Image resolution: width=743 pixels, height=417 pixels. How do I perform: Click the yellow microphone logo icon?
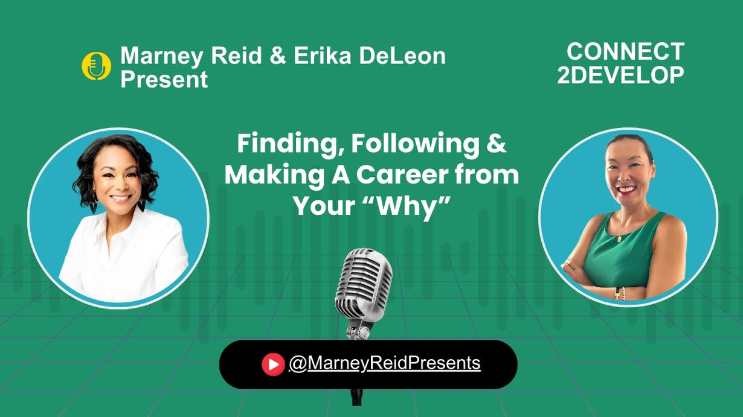[x=97, y=66]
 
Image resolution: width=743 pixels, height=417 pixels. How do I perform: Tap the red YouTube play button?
[x=273, y=364]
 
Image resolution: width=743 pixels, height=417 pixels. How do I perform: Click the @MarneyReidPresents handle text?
[x=385, y=364]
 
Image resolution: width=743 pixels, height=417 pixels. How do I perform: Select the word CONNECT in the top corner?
[x=625, y=51]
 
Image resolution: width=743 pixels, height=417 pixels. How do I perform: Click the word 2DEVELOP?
[x=620, y=75]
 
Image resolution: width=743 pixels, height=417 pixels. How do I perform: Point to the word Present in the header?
[x=164, y=79]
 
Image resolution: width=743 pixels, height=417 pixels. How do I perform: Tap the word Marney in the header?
[x=161, y=56]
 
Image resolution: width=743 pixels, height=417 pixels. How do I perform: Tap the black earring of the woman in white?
[x=141, y=206]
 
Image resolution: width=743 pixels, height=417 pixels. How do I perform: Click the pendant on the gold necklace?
[x=619, y=238]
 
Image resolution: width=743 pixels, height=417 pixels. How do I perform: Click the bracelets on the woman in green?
[x=620, y=293]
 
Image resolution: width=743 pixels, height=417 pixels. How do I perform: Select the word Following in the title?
[x=416, y=144]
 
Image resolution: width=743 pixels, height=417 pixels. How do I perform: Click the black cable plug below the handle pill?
[x=357, y=396]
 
